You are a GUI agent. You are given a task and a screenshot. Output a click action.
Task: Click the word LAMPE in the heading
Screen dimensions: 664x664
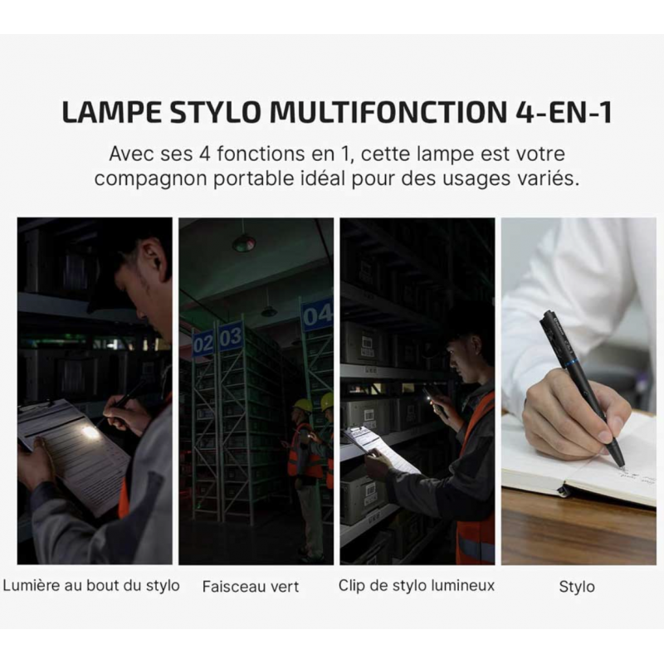(x=111, y=112)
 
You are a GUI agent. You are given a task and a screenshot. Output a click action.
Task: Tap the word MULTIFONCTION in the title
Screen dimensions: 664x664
(x=388, y=112)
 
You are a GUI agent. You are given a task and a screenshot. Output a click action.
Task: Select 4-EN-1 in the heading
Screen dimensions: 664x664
(x=564, y=112)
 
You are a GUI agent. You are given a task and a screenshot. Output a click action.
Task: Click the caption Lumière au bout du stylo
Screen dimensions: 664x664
(x=91, y=586)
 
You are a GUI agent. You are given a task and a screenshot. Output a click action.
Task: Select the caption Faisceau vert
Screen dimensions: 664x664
(x=251, y=587)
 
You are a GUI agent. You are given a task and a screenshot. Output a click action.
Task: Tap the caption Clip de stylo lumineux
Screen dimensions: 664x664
(x=417, y=586)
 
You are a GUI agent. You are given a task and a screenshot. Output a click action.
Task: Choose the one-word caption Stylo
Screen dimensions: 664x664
(x=577, y=587)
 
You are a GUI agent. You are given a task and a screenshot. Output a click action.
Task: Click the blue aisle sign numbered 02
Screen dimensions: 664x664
(x=203, y=344)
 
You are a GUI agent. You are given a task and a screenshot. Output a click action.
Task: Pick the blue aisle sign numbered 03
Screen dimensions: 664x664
(x=232, y=336)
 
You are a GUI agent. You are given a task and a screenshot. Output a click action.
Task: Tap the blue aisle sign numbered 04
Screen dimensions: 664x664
(x=318, y=315)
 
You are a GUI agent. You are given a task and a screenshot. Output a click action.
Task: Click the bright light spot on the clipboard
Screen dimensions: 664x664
(x=91, y=432)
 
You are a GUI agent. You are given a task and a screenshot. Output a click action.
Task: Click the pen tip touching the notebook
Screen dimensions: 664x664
(x=622, y=468)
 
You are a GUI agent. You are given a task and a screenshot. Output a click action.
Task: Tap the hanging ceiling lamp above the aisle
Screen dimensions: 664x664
(x=244, y=243)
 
